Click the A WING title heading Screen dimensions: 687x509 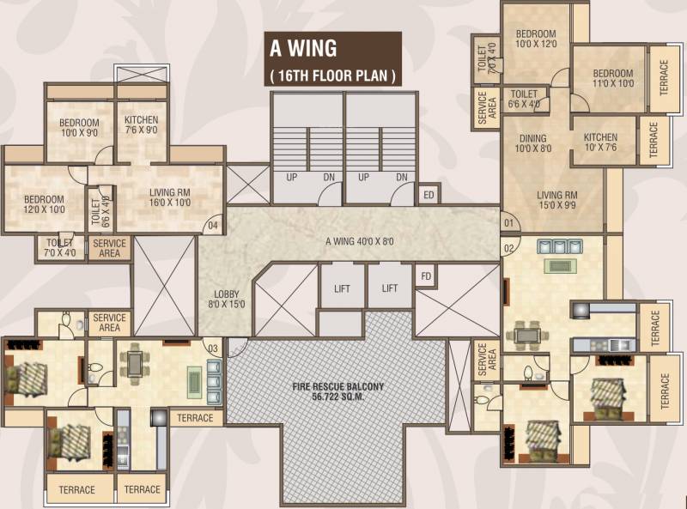click(303, 48)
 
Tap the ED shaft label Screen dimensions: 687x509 click(429, 195)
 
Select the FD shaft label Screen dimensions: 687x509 click(426, 276)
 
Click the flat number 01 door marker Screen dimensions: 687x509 click(508, 223)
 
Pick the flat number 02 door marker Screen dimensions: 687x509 click(508, 249)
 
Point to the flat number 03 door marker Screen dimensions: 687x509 click(212, 348)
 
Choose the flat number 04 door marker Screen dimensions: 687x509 click(212, 226)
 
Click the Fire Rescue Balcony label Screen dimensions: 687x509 click(337, 391)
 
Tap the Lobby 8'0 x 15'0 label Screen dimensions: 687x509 click(227, 300)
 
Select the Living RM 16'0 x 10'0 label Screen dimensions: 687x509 click(170, 197)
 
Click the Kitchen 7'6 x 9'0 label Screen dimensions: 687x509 click(141, 124)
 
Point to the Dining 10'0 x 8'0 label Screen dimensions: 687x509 click(532, 143)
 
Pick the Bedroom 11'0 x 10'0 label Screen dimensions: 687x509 click(613, 78)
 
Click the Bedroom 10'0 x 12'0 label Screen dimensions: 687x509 click(536, 39)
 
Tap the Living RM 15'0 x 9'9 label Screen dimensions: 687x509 click(556, 200)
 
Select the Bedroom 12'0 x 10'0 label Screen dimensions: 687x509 click(44, 204)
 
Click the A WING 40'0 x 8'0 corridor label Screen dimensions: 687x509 click(360, 241)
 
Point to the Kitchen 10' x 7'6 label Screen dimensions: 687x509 click(600, 142)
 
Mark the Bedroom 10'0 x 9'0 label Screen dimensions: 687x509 click(79, 128)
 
